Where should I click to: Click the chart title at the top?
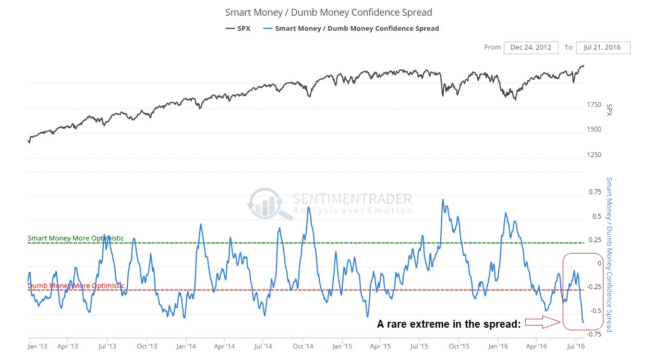coord(329,12)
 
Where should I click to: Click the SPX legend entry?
coord(238,28)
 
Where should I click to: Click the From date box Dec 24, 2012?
coord(531,47)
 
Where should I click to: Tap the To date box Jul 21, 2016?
coord(603,47)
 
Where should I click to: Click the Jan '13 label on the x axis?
coord(37,345)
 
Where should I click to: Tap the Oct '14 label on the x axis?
coord(303,345)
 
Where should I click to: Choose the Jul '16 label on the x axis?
coord(575,345)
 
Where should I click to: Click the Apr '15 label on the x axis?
coord(380,345)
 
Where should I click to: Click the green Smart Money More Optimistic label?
coord(76,238)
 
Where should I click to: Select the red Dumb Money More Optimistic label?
coord(76,286)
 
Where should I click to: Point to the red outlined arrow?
coord(541,324)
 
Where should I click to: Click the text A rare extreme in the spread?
coord(449,324)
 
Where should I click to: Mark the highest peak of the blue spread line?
coord(443,199)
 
